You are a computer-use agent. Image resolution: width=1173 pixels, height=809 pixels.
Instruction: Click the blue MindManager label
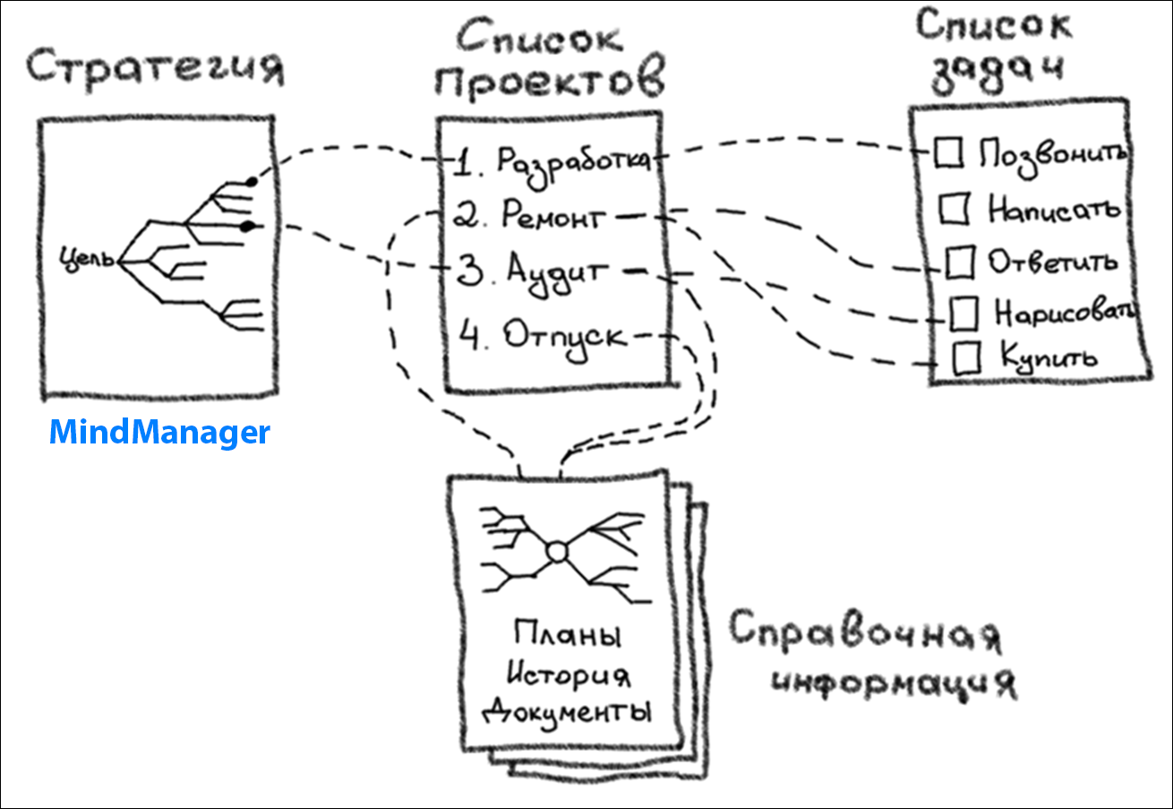pyautogui.click(x=158, y=434)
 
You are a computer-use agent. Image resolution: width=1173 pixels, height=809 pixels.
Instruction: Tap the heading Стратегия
pyautogui.click(x=154, y=68)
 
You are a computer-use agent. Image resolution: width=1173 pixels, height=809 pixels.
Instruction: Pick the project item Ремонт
pyautogui.click(x=555, y=216)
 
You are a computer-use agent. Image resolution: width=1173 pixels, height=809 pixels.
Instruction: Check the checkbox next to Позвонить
pyautogui.click(x=948, y=152)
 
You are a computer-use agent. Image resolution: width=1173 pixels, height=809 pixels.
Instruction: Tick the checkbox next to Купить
pyautogui.click(x=966, y=357)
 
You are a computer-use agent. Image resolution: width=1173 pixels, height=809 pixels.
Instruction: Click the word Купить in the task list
pyautogui.click(x=1048, y=357)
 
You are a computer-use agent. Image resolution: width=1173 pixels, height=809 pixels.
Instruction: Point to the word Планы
pyautogui.click(x=567, y=636)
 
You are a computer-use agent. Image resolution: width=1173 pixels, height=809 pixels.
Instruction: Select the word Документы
pyautogui.click(x=567, y=714)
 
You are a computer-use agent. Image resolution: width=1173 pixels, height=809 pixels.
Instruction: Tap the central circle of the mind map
pyautogui.click(x=557, y=552)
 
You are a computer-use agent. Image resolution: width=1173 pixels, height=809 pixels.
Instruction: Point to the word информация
pyautogui.click(x=895, y=684)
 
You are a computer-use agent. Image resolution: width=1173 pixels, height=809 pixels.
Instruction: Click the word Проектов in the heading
pyautogui.click(x=552, y=81)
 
